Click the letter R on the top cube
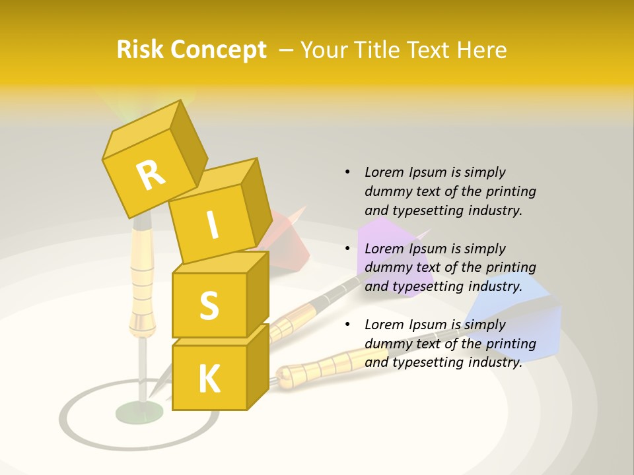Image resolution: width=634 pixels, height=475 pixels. point(151,175)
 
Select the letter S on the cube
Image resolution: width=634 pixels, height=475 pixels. point(209,305)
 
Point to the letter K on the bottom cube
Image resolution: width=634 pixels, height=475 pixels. point(209,379)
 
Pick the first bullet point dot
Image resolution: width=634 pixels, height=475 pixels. point(347,172)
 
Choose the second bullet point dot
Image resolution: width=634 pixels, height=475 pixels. point(347,249)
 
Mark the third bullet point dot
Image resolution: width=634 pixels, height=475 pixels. point(347,325)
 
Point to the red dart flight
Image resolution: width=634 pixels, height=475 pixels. point(287,241)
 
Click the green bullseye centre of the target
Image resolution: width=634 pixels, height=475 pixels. point(139,413)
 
